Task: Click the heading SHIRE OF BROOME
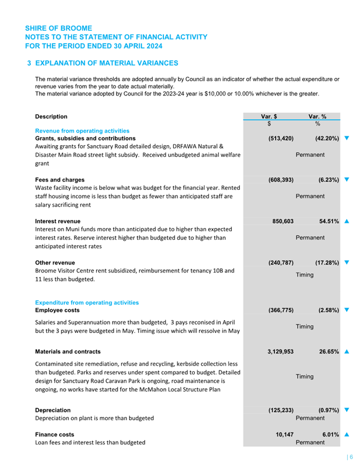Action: pyautogui.click(x=59, y=28)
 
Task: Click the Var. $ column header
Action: pyautogui.click(x=269, y=116)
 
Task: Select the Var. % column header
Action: pyautogui.click(x=317, y=116)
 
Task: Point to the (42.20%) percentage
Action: pyautogui.click(x=327, y=138)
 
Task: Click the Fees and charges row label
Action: pyautogui.click(x=60, y=179)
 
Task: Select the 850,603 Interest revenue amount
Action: pyautogui.click(x=283, y=221)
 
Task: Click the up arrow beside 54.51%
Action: pyautogui.click(x=347, y=221)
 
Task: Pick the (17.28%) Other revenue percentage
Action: pyautogui.click(x=327, y=262)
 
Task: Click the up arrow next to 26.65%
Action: pyautogui.click(x=347, y=351)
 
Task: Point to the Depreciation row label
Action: pyautogui.click(x=52, y=410)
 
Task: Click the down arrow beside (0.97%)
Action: pyautogui.click(x=347, y=410)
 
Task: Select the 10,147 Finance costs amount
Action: pyautogui.click(x=284, y=435)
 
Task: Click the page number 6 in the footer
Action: pyautogui.click(x=351, y=457)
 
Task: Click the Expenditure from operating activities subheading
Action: pyautogui.click(x=87, y=303)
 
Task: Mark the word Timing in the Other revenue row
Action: pyautogui.click(x=304, y=274)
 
